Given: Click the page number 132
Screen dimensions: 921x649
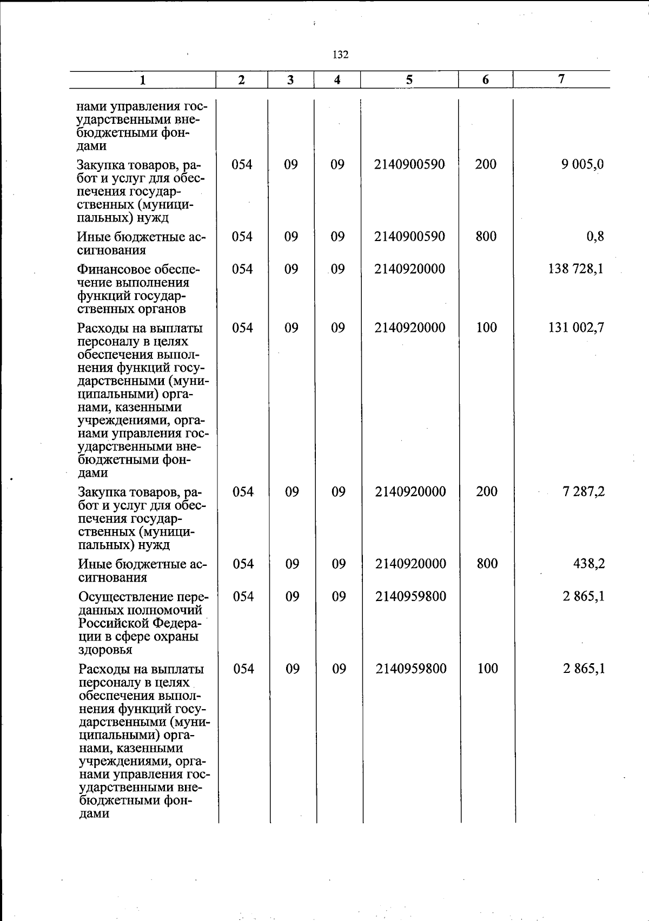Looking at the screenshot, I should [x=341, y=55].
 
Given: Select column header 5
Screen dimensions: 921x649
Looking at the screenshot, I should [x=409, y=80].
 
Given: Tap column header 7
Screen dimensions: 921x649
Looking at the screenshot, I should [x=561, y=79].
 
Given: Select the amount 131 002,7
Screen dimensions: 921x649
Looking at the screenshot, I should [x=576, y=327].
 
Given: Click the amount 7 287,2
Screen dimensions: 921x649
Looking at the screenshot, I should [x=582, y=491].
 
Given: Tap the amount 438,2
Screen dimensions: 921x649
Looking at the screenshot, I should [x=588, y=564].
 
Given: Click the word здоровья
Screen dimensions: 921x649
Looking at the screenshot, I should [x=105, y=650].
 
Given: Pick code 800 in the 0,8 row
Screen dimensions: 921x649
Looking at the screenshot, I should [x=486, y=236].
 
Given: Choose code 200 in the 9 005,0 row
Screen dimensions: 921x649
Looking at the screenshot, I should [x=486, y=164].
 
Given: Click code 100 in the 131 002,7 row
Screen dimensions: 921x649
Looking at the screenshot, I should [x=486, y=327].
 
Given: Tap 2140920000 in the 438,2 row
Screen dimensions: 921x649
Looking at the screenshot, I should [x=410, y=564].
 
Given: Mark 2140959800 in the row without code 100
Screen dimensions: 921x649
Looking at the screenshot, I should [x=410, y=596].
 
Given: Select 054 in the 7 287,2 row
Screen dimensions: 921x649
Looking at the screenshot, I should [x=243, y=491].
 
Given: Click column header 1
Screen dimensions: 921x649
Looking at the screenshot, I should [x=142, y=81].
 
